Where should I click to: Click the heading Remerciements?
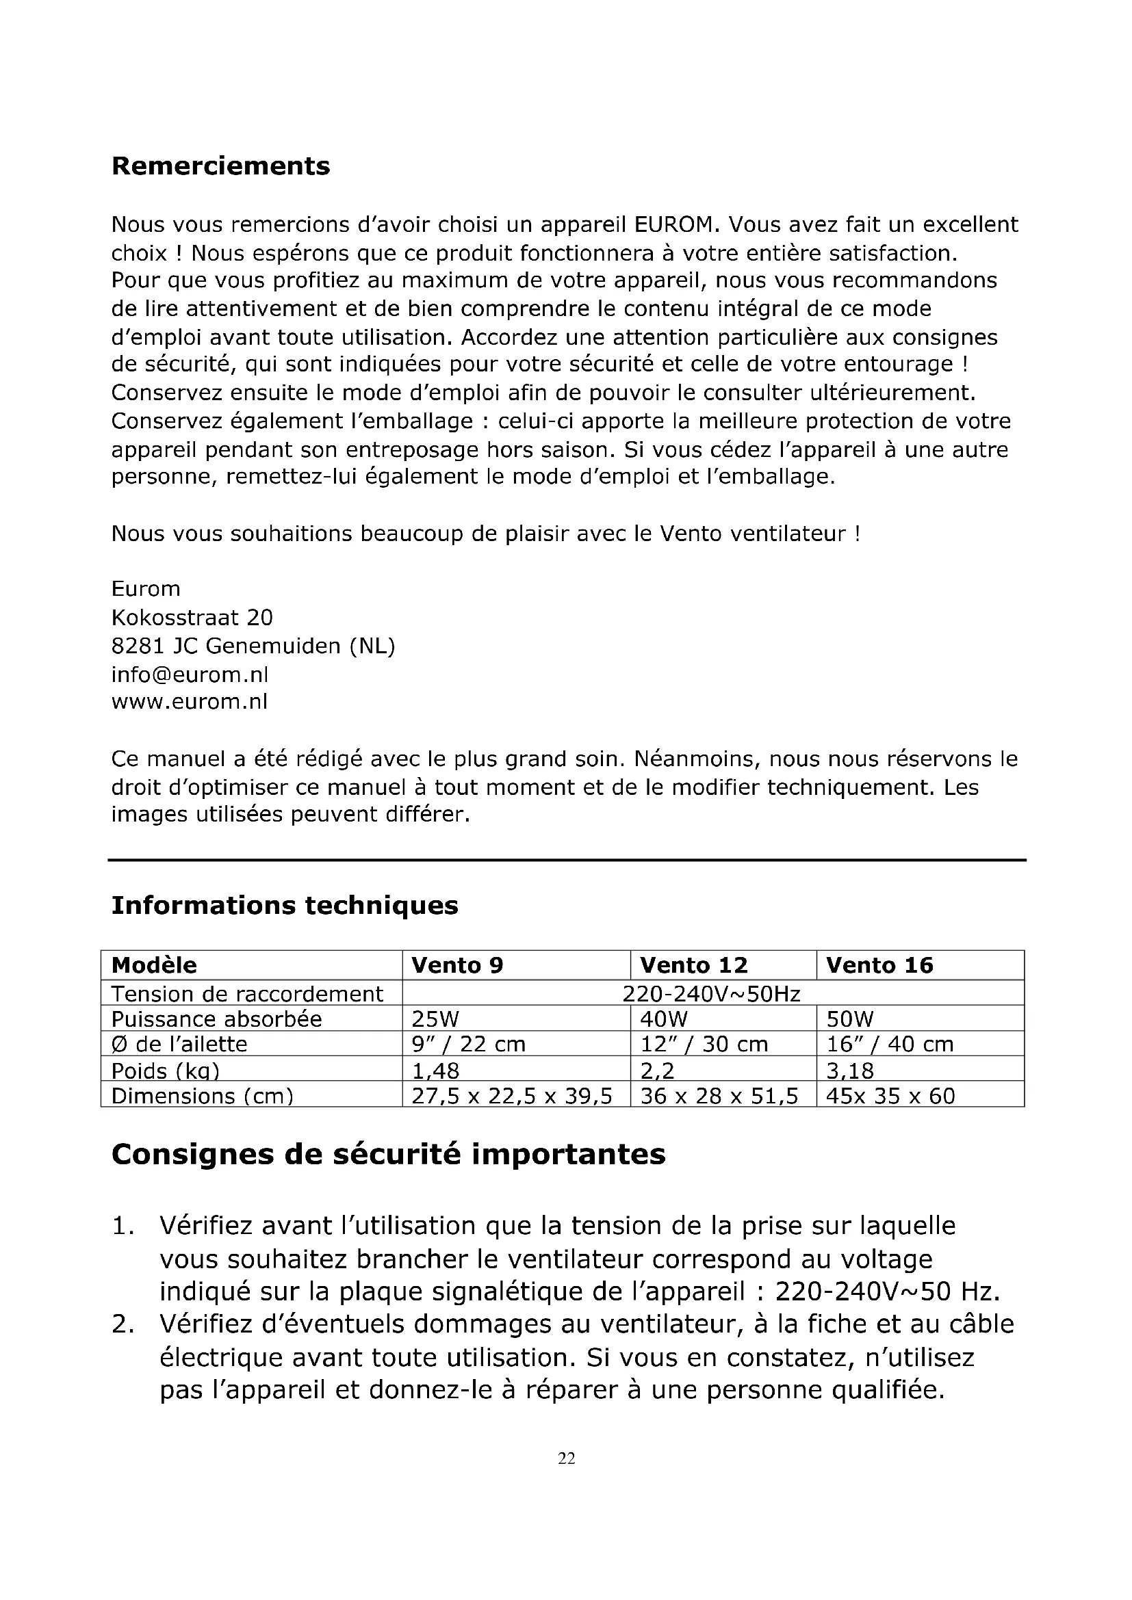tap(220, 166)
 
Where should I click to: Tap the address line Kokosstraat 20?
tap(192, 618)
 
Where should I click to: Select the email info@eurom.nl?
tap(190, 674)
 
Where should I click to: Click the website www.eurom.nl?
tap(189, 701)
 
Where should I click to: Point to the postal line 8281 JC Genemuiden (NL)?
tap(253, 646)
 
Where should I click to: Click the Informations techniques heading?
tap(285, 905)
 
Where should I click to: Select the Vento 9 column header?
tap(457, 965)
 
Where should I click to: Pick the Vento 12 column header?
tap(693, 965)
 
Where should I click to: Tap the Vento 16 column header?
tap(879, 965)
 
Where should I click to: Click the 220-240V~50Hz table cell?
tap(711, 994)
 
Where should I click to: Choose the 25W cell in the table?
tap(436, 1019)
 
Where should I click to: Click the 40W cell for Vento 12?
tap(664, 1019)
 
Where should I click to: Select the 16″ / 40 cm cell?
tap(890, 1045)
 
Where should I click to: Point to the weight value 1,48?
tap(436, 1070)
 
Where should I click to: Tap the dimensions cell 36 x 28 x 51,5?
tap(719, 1096)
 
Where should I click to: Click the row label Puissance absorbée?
tap(217, 1019)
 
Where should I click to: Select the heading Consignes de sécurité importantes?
tap(388, 1155)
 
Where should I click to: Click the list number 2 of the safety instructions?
tap(123, 1324)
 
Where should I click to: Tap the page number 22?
tap(567, 1458)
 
